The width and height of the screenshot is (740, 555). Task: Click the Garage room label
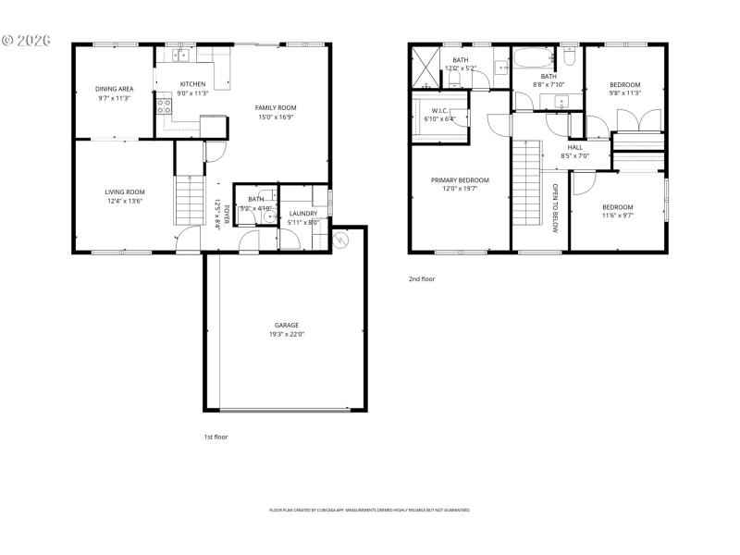(286, 326)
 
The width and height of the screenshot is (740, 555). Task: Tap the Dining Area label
(115, 89)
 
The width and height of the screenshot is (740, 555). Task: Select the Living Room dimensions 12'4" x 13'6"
(124, 201)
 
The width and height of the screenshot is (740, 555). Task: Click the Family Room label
(276, 107)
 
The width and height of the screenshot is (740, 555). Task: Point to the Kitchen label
(192, 84)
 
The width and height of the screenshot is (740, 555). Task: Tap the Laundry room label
(302, 214)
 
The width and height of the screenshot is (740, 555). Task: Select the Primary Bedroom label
(460, 180)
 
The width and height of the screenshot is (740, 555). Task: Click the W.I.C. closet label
(439, 110)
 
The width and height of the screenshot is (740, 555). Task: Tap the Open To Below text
(555, 208)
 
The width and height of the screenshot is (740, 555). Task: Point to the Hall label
(575, 147)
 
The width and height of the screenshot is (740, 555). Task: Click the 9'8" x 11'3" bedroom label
(624, 84)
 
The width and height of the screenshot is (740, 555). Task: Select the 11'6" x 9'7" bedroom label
(618, 206)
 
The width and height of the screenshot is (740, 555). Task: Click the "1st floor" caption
(216, 437)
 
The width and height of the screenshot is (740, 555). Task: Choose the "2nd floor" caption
(422, 278)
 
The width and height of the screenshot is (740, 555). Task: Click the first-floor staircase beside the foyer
(188, 200)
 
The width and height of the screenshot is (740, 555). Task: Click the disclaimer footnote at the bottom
(370, 510)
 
